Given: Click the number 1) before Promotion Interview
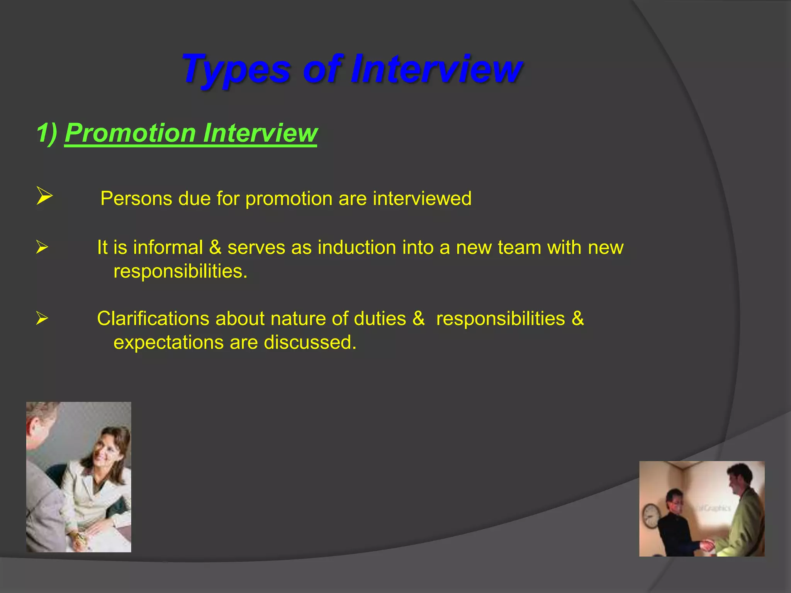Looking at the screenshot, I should click(47, 133).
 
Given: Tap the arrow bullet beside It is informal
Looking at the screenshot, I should click(42, 247).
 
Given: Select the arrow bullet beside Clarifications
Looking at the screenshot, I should click(42, 319).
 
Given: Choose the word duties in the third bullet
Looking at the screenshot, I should click(380, 319).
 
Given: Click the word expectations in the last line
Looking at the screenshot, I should click(168, 342).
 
